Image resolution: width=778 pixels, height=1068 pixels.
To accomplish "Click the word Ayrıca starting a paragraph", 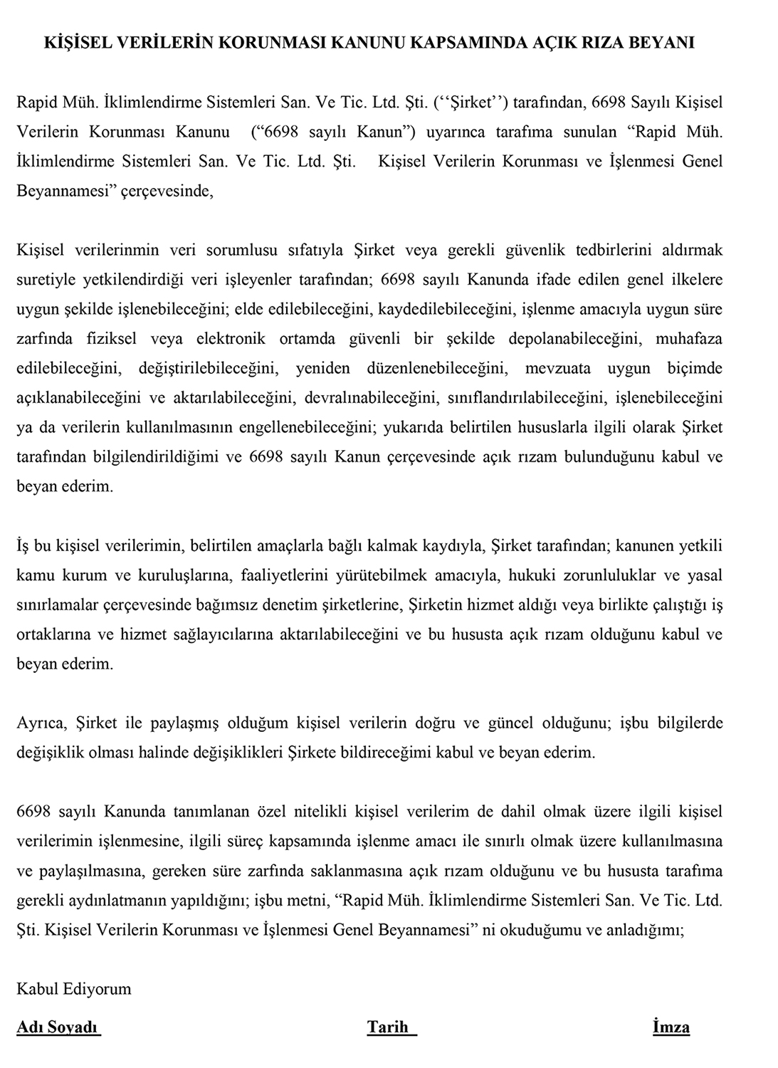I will coord(41,723).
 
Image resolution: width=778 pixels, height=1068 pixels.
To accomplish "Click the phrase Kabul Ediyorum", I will coord(74,989).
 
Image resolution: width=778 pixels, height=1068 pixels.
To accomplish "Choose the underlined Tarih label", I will coord(389,1027).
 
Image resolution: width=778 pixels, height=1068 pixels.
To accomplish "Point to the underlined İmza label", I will coord(671,1027).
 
